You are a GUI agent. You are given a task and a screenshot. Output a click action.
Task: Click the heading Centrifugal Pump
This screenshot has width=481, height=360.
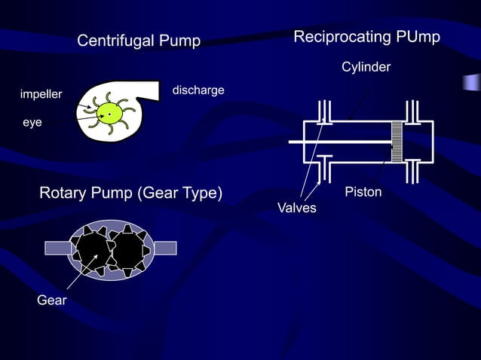click(x=139, y=41)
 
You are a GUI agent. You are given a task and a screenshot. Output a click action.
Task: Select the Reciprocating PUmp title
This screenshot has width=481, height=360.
click(x=366, y=37)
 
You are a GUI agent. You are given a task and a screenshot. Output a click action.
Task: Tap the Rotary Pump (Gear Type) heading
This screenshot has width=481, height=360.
click(x=130, y=193)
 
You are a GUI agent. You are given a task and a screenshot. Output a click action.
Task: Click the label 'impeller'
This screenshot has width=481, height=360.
click(x=41, y=94)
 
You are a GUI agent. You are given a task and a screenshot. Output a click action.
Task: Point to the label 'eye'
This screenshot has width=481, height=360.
click(x=32, y=121)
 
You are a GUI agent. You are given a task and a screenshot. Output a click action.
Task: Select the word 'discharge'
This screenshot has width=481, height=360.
click(x=198, y=90)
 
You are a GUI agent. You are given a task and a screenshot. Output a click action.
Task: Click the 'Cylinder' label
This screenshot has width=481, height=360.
click(x=366, y=68)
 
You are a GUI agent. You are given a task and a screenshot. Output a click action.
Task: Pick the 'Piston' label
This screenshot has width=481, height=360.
click(x=363, y=192)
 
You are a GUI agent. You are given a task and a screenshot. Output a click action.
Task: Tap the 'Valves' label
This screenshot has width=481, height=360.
click(x=297, y=207)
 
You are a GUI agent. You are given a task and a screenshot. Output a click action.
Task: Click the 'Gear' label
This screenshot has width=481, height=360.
click(x=52, y=301)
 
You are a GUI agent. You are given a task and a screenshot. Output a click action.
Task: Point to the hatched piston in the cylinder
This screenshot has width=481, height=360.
click(x=396, y=142)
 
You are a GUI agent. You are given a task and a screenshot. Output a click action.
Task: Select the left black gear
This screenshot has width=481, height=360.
click(x=90, y=248)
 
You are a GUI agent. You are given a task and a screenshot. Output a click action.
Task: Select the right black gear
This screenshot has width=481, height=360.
click(x=129, y=248)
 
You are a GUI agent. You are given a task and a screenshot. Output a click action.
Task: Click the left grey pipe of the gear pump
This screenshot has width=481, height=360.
click(x=57, y=248)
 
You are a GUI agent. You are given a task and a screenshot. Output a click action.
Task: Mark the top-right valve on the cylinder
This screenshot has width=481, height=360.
click(x=413, y=110)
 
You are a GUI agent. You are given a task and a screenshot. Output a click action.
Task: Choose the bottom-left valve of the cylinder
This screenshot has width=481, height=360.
click(x=324, y=170)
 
